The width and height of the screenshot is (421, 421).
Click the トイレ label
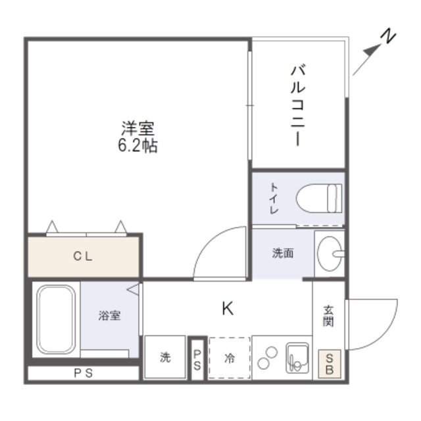click(x=273, y=198)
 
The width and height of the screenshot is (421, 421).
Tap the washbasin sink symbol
click(x=329, y=252)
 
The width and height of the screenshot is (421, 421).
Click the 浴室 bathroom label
click(x=109, y=316)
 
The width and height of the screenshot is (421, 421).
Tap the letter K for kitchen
click(x=227, y=308)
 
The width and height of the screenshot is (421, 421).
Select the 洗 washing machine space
click(x=164, y=357)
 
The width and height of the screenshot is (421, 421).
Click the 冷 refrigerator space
click(x=230, y=358)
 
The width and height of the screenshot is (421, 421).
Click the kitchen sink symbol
click(x=297, y=357)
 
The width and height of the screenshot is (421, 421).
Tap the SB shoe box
click(x=330, y=364)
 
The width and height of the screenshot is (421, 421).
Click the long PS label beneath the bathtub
click(x=83, y=374)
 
